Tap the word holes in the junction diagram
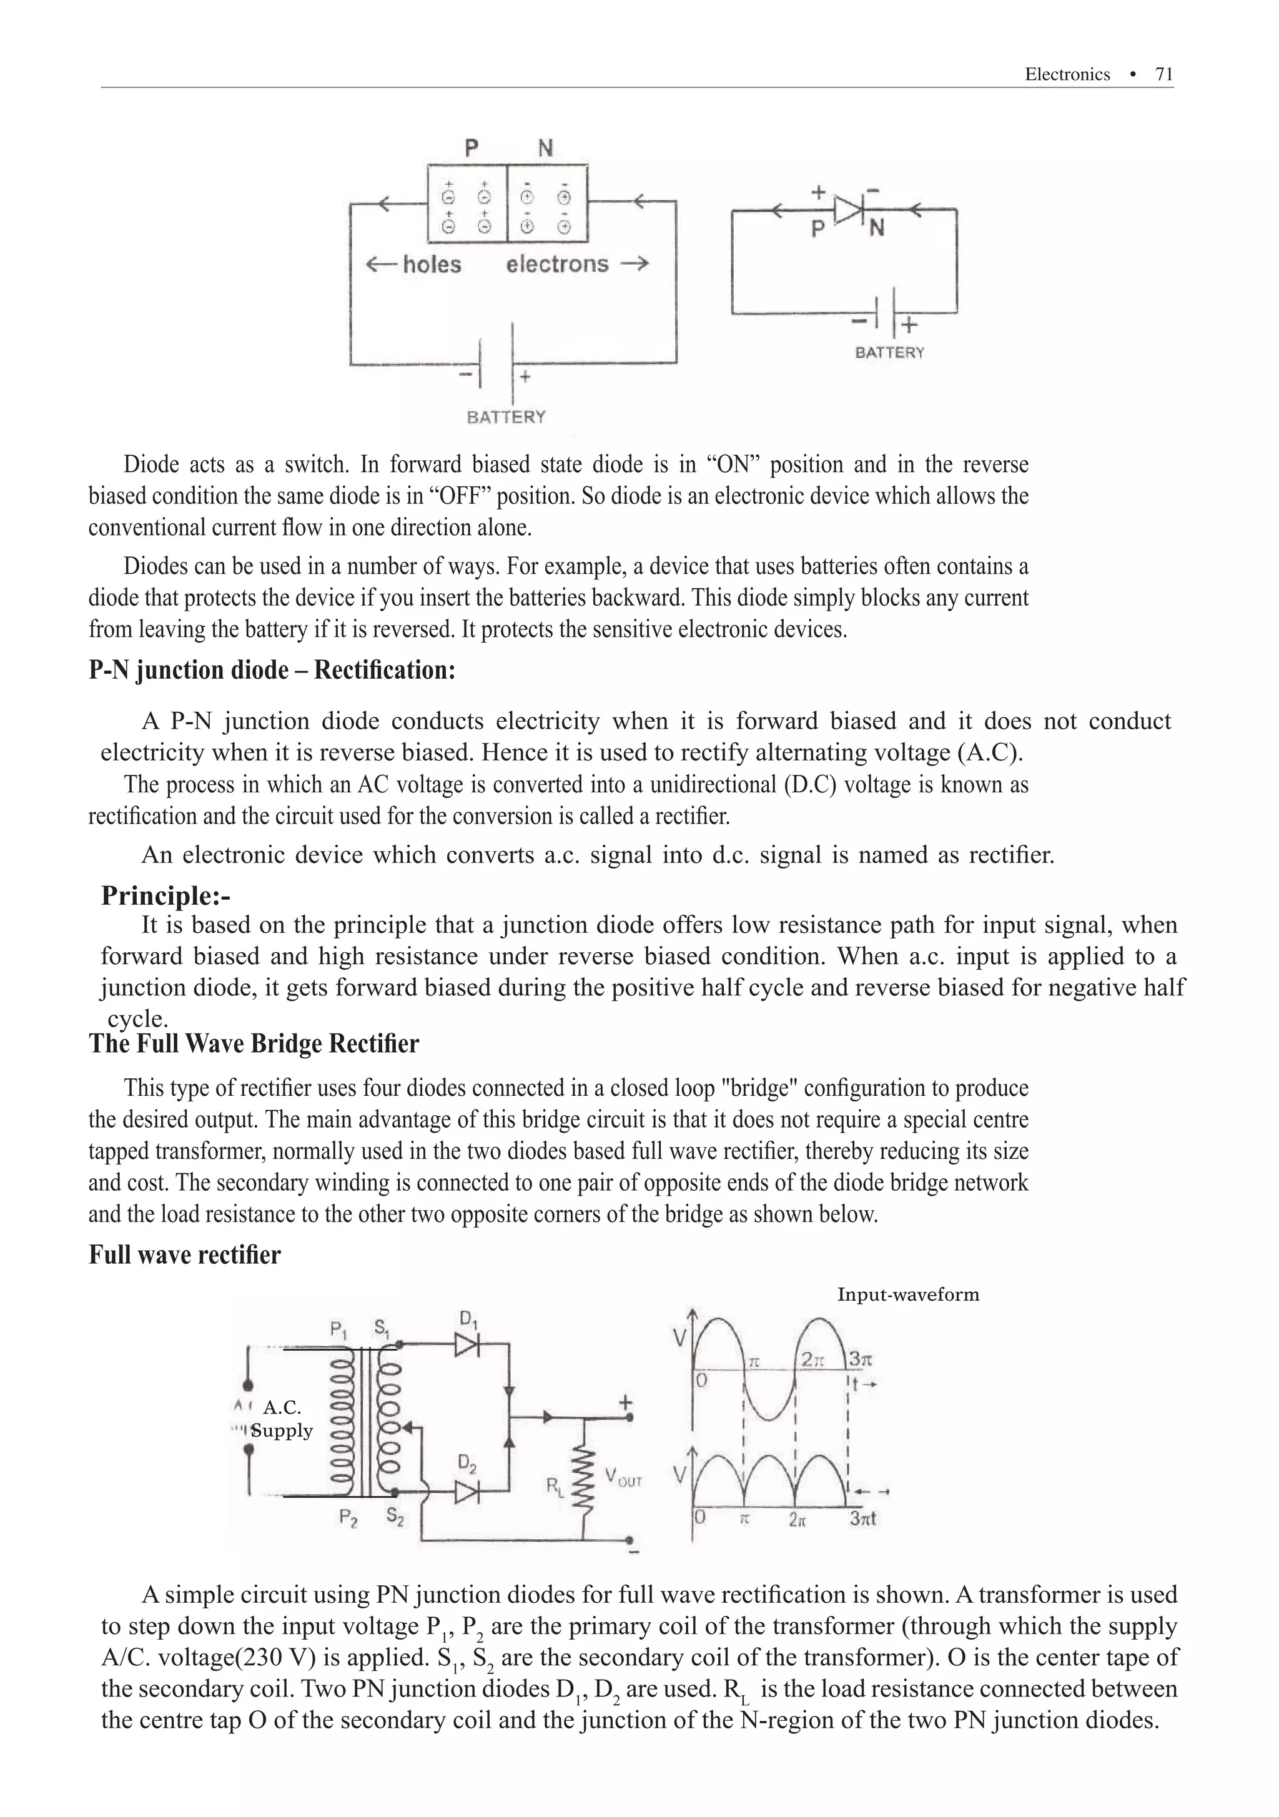click(432, 264)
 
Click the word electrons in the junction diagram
click(557, 263)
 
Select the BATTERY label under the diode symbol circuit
click(889, 353)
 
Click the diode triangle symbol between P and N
click(849, 210)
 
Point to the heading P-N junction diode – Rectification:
click(272, 671)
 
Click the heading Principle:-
click(165, 896)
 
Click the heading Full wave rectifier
click(184, 1255)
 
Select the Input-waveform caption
click(908, 1295)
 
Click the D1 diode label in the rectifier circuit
click(468, 1319)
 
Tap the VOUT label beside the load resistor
click(623, 1477)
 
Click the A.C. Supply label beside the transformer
click(282, 1419)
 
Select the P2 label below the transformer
click(348, 1517)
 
